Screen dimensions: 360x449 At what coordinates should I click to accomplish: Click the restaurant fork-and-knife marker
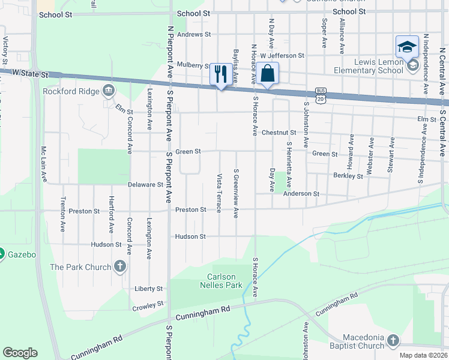(x=221, y=74)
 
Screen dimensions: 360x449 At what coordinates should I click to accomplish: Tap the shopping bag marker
(x=269, y=74)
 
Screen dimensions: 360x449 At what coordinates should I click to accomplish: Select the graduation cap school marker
(x=406, y=47)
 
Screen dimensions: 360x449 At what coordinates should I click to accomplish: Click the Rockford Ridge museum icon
(x=109, y=91)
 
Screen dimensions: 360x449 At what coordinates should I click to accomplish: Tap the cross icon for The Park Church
(x=120, y=266)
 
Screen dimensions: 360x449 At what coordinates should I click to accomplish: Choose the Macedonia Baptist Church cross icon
(x=393, y=341)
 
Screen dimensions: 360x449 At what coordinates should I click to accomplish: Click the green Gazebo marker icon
(x=2, y=254)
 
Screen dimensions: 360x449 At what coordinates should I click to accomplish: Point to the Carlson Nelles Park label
(x=224, y=281)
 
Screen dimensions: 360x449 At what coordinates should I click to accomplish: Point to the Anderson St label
(x=301, y=194)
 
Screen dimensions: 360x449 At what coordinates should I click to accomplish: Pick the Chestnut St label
(x=279, y=133)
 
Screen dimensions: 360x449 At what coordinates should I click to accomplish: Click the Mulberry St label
(x=193, y=65)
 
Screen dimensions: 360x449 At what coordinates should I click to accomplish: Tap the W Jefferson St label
(x=282, y=55)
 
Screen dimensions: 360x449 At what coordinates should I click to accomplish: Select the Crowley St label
(x=148, y=305)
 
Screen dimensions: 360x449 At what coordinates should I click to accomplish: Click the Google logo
(x=20, y=353)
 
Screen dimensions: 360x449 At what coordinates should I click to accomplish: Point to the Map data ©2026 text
(x=422, y=355)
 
